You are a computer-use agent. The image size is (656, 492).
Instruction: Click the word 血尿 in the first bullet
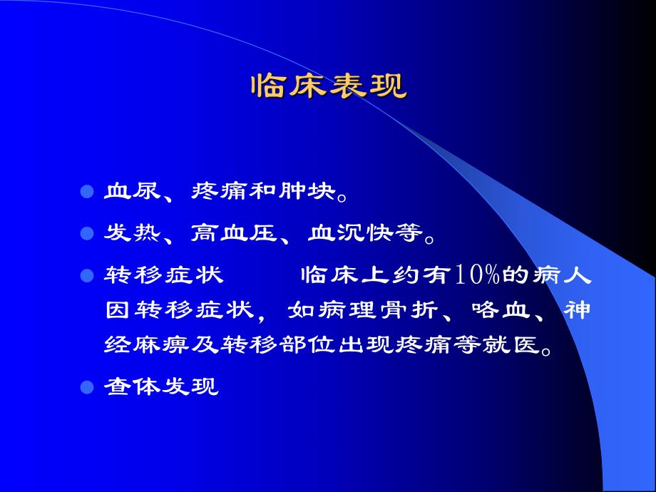pyautogui.click(x=133, y=193)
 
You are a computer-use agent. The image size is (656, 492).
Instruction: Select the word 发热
pyautogui.click(x=133, y=233)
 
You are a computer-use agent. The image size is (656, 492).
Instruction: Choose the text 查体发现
pyautogui.click(x=161, y=388)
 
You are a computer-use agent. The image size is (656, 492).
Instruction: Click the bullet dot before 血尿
pyautogui.click(x=87, y=193)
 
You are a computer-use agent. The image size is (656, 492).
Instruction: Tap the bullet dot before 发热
pyautogui.click(x=87, y=233)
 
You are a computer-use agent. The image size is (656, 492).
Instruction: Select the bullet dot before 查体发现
pyautogui.click(x=87, y=388)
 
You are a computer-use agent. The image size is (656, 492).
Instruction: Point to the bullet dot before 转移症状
pyautogui.click(x=87, y=275)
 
